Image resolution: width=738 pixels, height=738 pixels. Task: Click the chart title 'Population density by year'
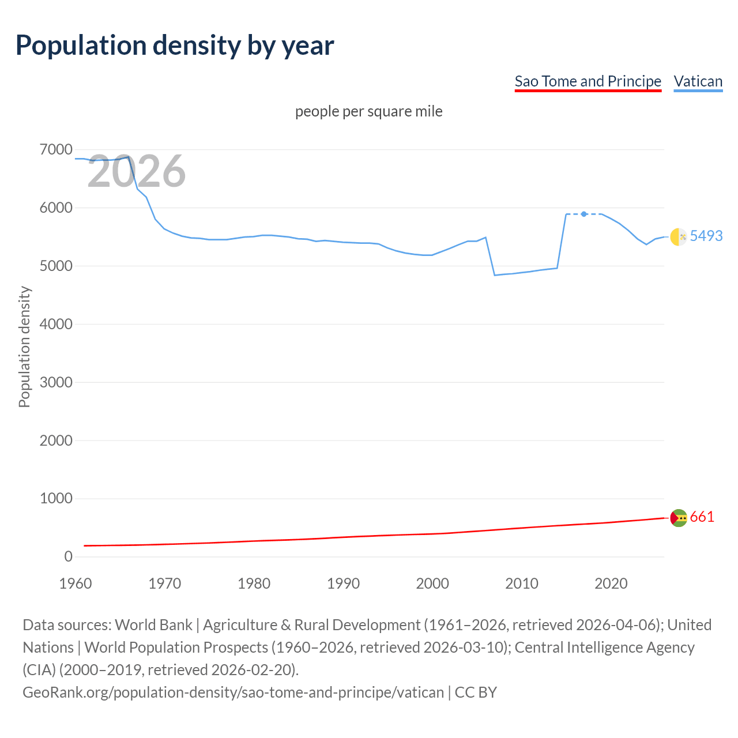pyautogui.click(x=175, y=46)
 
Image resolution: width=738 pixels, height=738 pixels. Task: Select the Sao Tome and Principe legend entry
pyautogui.click(x=588, y=81)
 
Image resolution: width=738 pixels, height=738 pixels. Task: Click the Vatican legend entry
pyautogui.click(x=698, y=81)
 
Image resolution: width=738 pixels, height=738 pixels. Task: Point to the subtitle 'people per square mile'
pyautogui.click(x=368, y=111)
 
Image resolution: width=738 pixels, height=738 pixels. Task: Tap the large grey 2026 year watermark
pyautogui.click(x=137, y=171)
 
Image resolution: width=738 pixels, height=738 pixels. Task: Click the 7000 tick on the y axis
pyautogui.click(x=56, y=150)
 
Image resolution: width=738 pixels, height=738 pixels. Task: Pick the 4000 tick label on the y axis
pyautogui.click(x=56, y=324)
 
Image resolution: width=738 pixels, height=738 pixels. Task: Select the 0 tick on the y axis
pyautogui.click(x=68, y=556)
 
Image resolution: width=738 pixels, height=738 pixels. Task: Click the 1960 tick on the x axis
pyautogui.click(x=76, y=583)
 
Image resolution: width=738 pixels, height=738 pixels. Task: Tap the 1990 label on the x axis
pyautogui.click(x=343, y=583)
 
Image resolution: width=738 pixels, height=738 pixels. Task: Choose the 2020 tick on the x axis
pyautogui.click(x=611, y=583)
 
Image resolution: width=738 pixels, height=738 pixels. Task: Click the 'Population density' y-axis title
pyautogui.click(x=24, y=347)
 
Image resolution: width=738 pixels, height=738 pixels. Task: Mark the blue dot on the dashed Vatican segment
pyautogui.click(x=584, y=214)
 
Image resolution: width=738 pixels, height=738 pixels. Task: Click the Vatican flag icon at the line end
pyautogui.click(x=679, y=236)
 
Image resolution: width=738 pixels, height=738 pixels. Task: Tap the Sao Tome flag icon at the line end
pyautogui.click(x=679, y=518)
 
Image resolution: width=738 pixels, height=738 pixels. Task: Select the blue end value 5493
pyautogui.click(x=706, y=236)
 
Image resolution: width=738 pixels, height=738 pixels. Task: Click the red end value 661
pyautogui.click(x=702, y=517)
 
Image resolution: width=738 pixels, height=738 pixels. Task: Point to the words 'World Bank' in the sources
pyautogui.click(x=153, y=625)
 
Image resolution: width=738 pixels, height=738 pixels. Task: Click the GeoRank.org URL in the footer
pyautogui.click(x=233, y=692)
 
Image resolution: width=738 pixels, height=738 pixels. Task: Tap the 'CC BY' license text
pyautogui.click(x=476, y=692)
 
